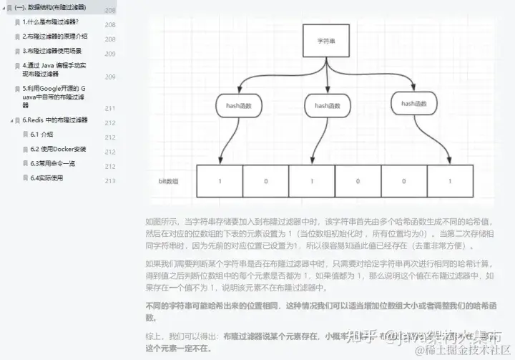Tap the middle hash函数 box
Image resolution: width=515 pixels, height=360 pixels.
click(x=327, y=106)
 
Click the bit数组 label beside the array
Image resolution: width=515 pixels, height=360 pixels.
click(x=169, y=182)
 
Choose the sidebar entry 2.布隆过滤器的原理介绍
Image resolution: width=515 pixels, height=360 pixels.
click(x=55, y=37)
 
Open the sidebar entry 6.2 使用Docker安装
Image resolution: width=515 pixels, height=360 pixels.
click(x=58, y=149)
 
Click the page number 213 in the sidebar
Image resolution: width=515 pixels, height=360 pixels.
click(x=110, y=181)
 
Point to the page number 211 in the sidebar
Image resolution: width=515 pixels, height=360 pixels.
click(x=110, y=109)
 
